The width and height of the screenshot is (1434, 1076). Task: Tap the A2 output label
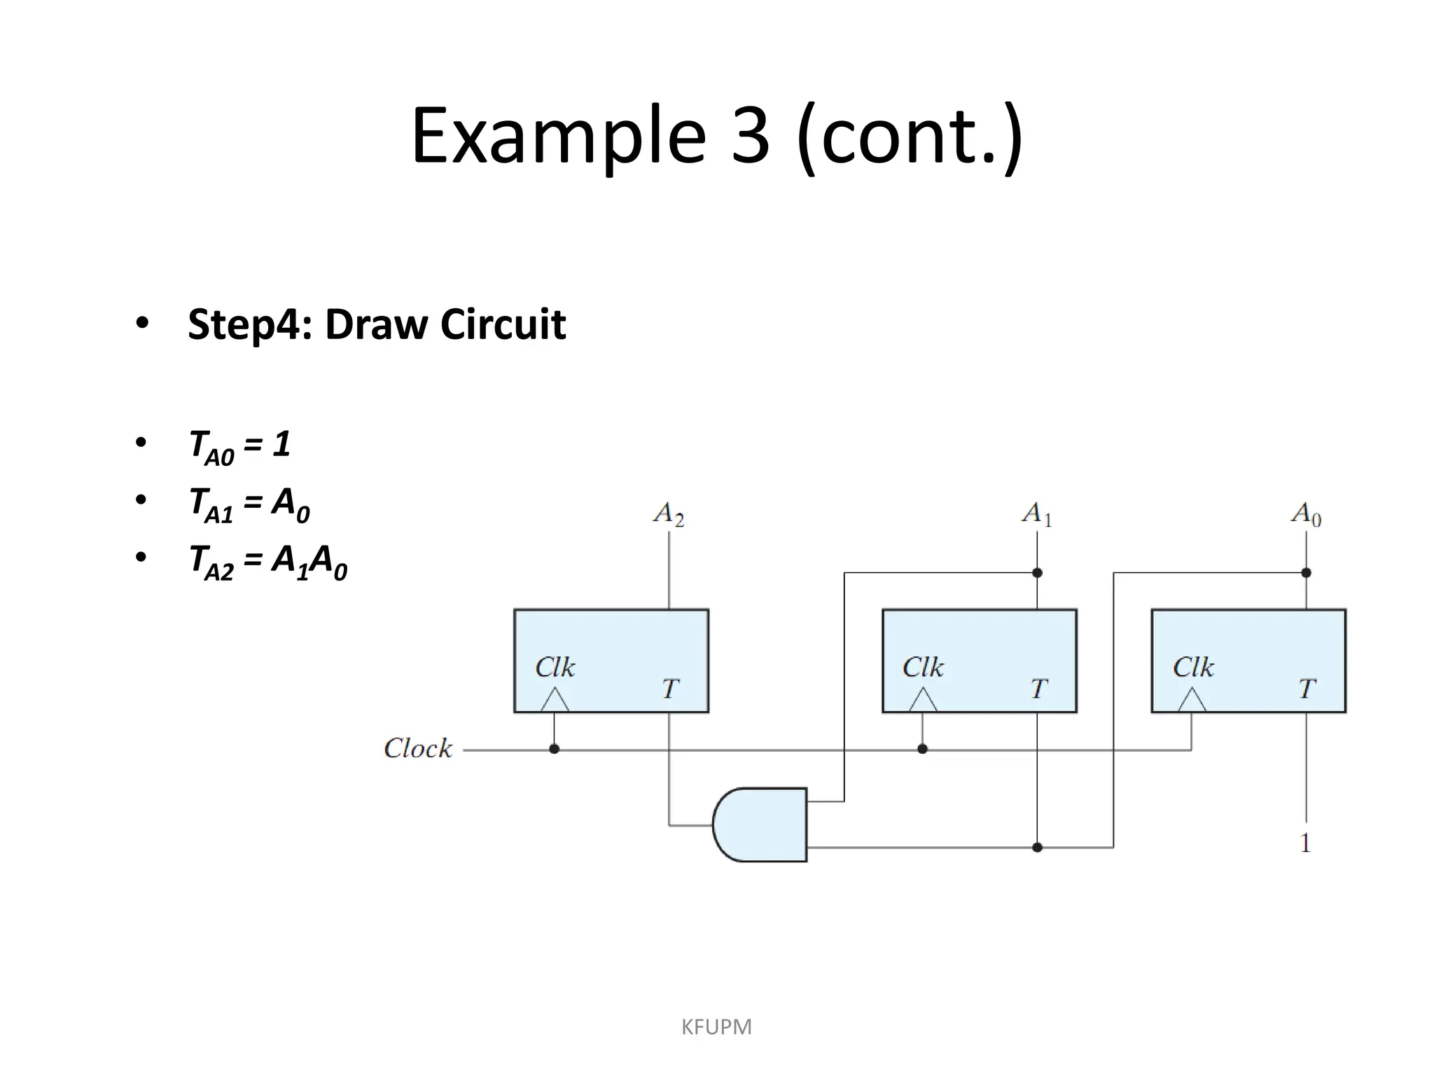[669, 514]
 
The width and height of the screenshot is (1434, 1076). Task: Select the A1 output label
[1037, 514]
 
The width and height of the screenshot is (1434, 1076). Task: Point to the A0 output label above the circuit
[1306, 514]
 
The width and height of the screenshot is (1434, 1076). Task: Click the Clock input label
[418, 749]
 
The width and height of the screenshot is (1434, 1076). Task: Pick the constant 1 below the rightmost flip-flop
[1305, 843]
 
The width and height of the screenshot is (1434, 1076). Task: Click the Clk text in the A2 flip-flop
[555, 668]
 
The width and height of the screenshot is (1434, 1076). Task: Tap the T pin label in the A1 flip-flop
[1039, 689]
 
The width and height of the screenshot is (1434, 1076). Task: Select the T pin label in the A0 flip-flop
[1307, 689]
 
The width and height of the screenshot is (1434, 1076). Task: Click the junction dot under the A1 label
[1038, 573]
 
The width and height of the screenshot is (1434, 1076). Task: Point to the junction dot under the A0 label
[1306, 573]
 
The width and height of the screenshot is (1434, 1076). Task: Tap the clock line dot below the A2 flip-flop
[555, 749]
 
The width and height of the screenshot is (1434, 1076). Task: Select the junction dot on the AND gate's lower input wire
[1038, 848]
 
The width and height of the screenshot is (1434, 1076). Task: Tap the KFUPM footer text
[716, 1027]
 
